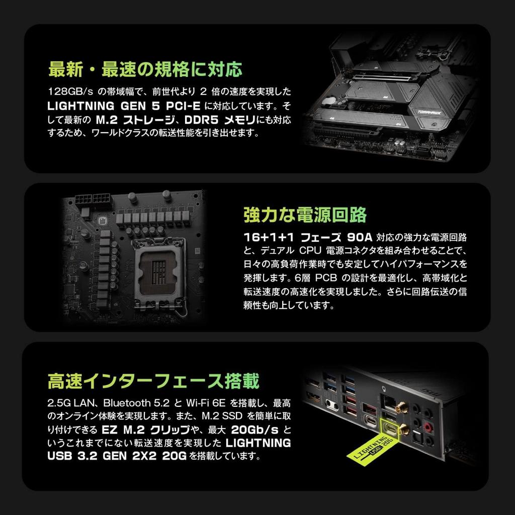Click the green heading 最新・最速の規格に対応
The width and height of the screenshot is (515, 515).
coord(145,69)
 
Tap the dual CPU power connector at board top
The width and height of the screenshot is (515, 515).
coord(93,200)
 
